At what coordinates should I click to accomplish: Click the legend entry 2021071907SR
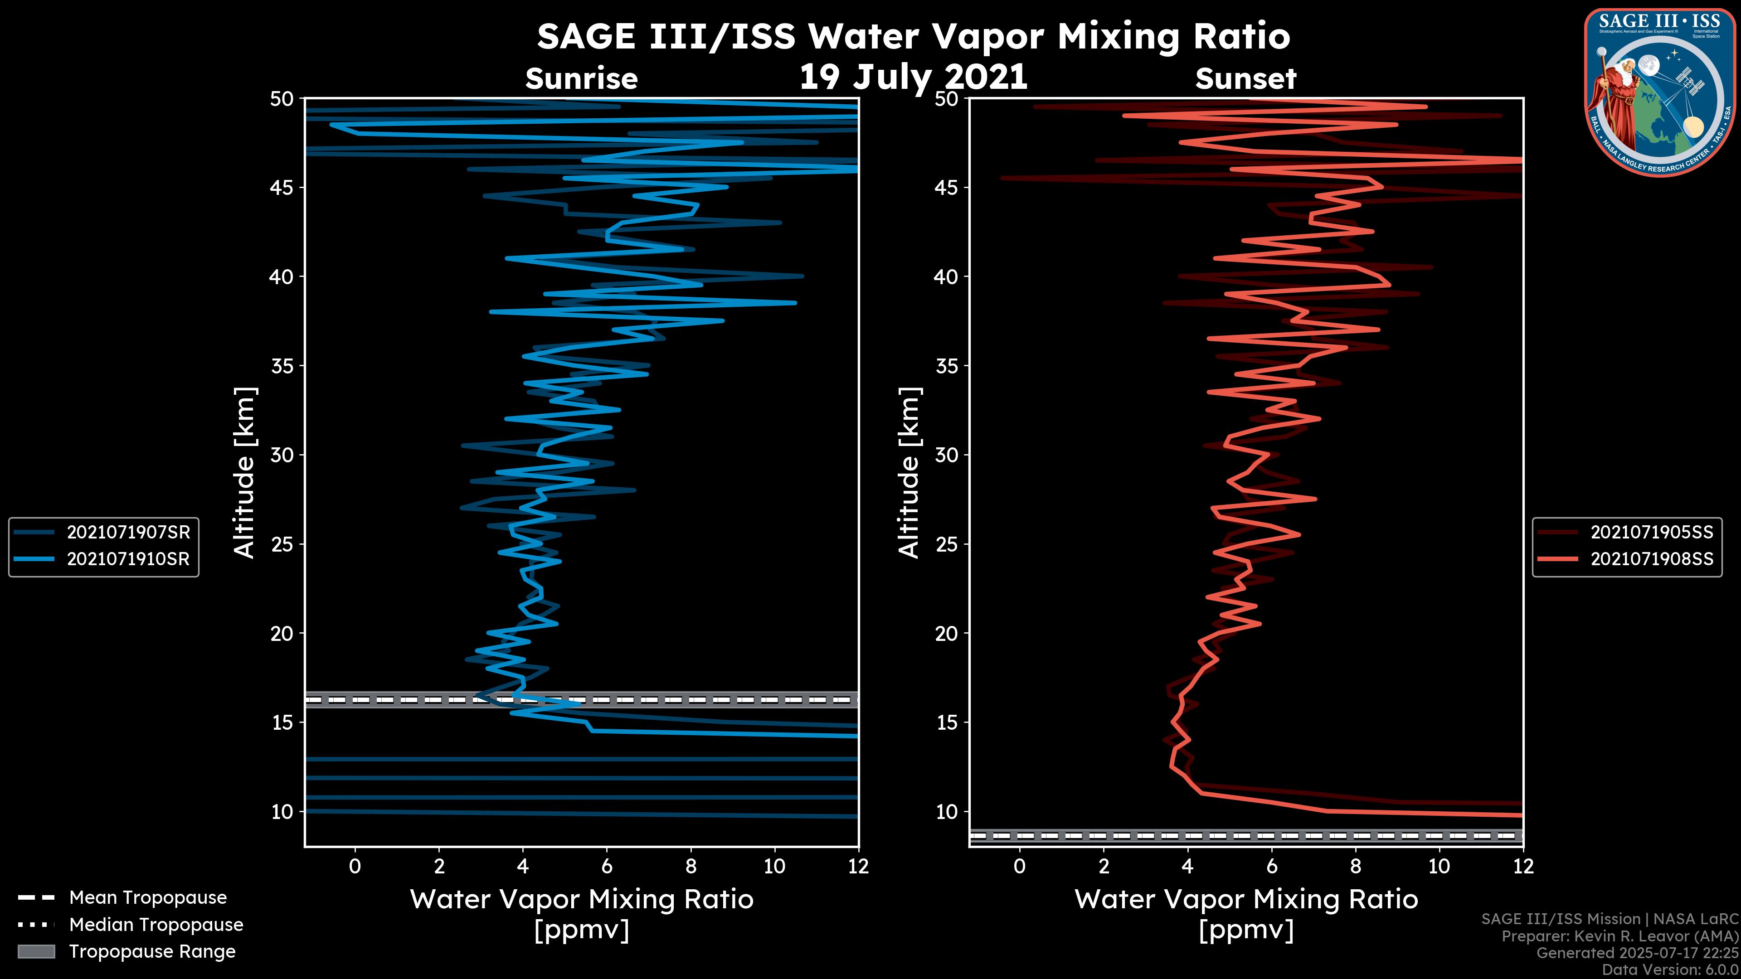pos(128,533)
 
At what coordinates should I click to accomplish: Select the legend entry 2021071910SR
pos(128,559)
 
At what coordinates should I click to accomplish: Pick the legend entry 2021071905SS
pos(1651,533)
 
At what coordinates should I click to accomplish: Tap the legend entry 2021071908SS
pos(1651,559)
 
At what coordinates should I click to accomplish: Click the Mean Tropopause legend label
pos(148,898)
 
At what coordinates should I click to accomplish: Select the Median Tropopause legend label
pos(156,925)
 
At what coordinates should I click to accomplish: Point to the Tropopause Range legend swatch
pos(36,952)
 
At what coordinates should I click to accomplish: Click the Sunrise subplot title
pos(581,79)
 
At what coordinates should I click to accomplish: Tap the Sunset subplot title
pos(1245,79)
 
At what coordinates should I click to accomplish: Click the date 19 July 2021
pos(913,77)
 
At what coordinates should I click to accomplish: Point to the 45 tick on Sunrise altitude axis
pos(282,188)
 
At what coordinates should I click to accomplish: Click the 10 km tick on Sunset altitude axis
pos(947,811)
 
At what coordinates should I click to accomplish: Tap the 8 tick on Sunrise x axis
pos(691,866)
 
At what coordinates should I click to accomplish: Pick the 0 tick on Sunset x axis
pos(1019,866)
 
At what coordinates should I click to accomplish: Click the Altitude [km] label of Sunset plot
pos(909,473)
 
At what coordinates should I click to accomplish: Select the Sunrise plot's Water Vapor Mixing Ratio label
pos(581,899)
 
